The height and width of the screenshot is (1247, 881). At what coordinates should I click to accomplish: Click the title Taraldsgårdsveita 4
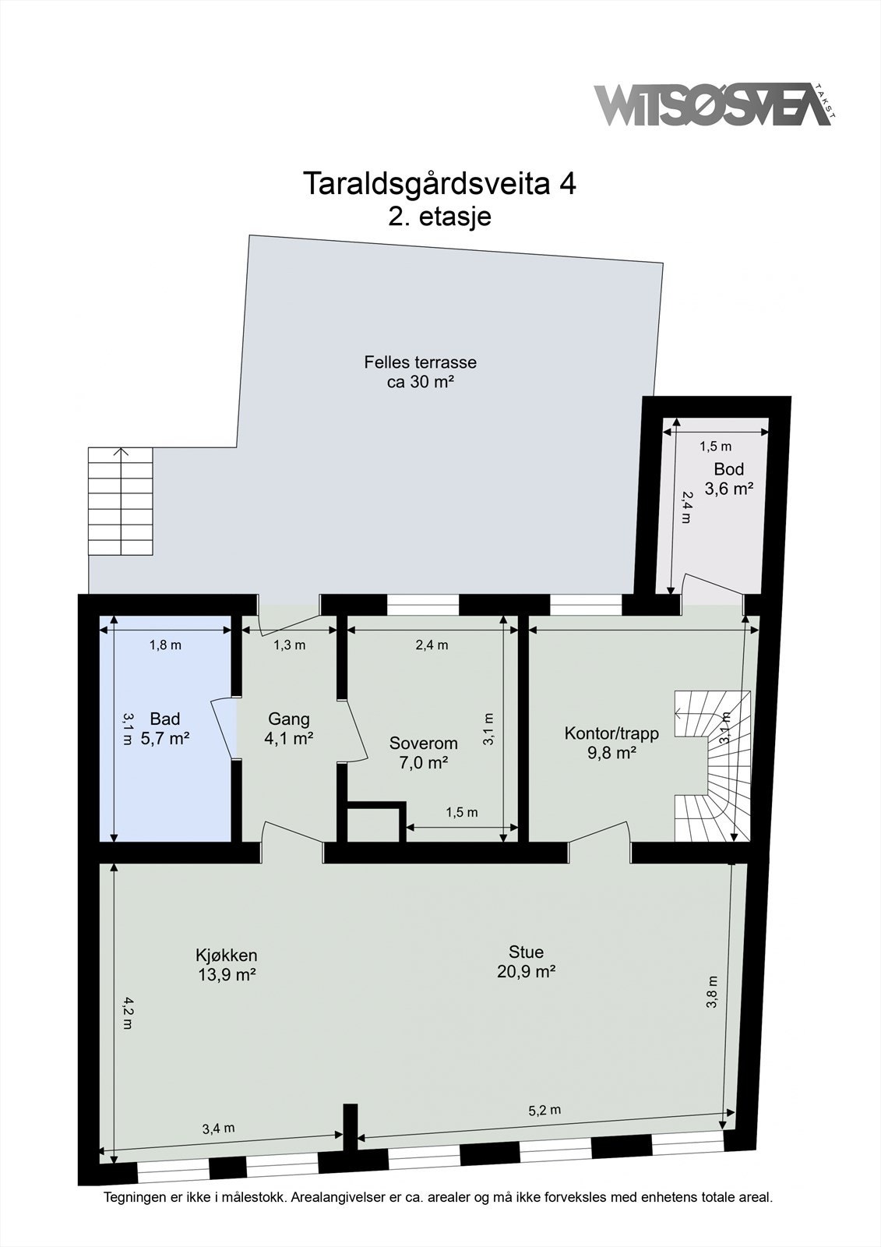coord(439,184)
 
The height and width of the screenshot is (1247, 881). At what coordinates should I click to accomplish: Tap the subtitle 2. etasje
coord(439,216)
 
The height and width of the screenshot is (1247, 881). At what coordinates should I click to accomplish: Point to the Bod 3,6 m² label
coord(729,479)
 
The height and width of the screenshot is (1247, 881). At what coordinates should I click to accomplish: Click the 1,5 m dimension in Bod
coord(715,447)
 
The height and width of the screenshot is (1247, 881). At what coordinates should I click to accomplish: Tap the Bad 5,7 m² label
coord(165,729)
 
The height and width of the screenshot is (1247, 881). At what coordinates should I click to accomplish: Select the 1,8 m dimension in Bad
coord(165,645)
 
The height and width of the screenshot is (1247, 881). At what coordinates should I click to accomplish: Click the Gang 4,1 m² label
coord(288,729)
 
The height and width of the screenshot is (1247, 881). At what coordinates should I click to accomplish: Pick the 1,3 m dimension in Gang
coord(289,645)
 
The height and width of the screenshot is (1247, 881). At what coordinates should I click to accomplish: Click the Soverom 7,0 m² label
coord(423,753)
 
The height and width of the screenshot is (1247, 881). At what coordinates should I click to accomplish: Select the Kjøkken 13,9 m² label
coord(226,964)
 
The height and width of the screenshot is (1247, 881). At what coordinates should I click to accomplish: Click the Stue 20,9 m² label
coord(526,961)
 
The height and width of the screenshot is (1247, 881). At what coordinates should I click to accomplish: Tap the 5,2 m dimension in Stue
coord(544,1110)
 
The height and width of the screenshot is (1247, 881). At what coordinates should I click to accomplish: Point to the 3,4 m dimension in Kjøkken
coord(218,1128)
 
